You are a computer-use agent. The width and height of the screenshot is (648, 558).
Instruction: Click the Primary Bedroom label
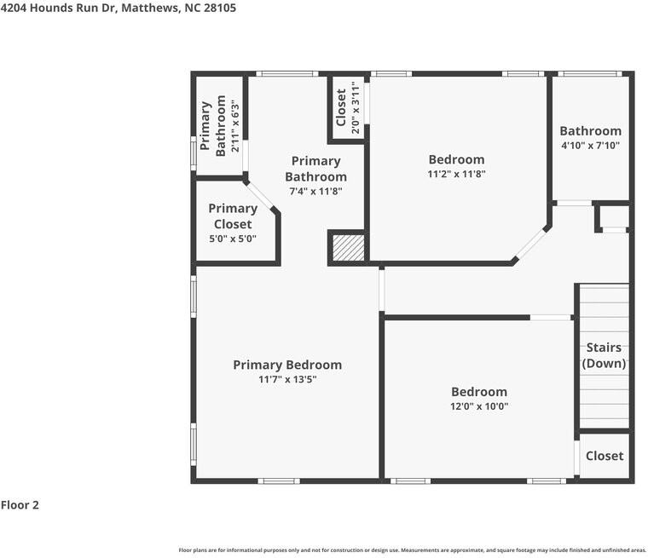click(x=287, y=365)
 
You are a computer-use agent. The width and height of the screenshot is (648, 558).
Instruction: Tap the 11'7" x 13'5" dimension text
click(x=287, y=379)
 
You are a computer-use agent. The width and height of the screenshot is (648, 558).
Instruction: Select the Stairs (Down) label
click(x=604, y=355)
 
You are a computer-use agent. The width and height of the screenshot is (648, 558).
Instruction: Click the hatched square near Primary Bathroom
click(x=349, y=248)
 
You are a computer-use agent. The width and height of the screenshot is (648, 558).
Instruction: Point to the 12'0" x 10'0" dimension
click(x=479, y=406)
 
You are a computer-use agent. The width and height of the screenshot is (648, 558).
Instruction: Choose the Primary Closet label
click(x=233, y=216)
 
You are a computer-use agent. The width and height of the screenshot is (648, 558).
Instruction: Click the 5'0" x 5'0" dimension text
click(x=233, y=239)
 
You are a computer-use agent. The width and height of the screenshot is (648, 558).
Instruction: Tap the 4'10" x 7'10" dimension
click(x=590, y=146)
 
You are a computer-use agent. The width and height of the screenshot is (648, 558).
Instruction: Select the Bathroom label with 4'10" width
click(x=590, y=131)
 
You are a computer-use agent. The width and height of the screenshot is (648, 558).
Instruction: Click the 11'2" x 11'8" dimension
click(x=456, y=174)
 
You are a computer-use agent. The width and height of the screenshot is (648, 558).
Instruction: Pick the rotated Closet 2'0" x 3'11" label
click(x=348, y=107)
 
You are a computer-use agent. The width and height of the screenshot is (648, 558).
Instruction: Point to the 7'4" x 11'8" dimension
click(x=315, y=191)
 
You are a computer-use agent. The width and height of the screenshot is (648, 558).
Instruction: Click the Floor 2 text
click(x=20, y=504)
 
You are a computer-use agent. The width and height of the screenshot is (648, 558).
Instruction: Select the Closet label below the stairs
click(x=605, y=456)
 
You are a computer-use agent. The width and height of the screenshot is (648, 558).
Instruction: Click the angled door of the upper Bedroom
click(x=532, y=244)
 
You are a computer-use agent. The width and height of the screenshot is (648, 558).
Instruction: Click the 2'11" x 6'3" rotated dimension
click(x=235, y=126)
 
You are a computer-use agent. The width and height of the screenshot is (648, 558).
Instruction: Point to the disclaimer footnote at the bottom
click(x=412, y=550)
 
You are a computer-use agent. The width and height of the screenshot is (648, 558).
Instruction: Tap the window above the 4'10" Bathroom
click(x=590, y=74)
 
